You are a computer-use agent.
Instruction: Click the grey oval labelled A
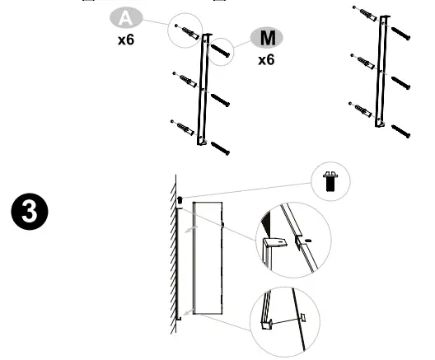pos(124,16)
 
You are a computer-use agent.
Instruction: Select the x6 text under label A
pos(125,40)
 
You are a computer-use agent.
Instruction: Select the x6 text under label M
pos(266,61)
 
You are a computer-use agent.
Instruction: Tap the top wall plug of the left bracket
pos(185,33)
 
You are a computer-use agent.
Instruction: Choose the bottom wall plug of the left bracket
pos(184,128)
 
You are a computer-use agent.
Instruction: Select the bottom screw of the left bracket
pos(220,147)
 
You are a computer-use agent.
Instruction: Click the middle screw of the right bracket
pos(400,82)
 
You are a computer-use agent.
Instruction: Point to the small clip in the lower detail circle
pos(302,316)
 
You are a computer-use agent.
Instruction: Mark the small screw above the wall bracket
pos(180,200)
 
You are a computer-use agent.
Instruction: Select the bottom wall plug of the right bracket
pos(362,110)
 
